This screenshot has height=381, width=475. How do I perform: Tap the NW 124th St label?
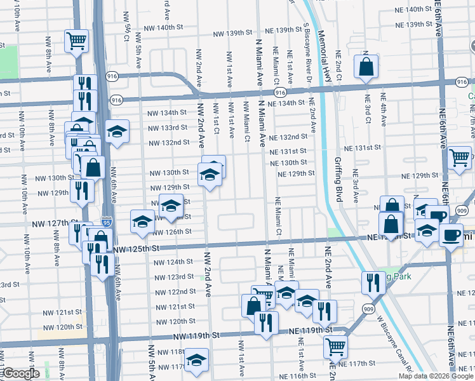click(x=175, y=262)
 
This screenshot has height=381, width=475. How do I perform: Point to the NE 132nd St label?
click(x=288, y=137)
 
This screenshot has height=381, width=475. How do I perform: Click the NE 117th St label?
click(x=361, y=363)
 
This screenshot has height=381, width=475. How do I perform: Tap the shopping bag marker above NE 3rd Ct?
click(x=366, y=66)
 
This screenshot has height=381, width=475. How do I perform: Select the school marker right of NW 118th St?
click(x=197, y=361)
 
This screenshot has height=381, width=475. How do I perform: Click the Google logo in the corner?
click(x=20, y=374)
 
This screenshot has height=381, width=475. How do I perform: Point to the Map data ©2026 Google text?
click(x=436, y=375)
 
